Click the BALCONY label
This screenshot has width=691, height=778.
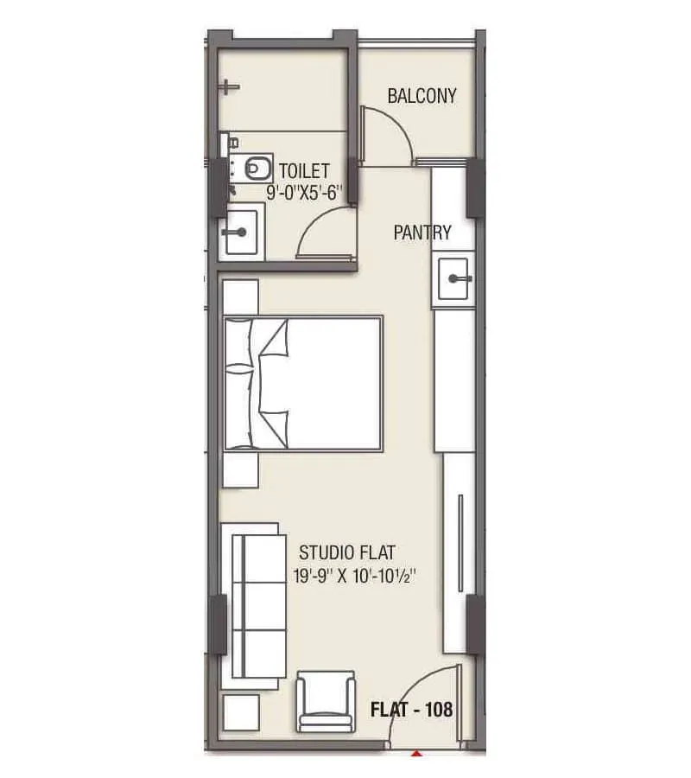click(422, 96)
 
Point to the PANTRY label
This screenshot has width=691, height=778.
click(422, 233)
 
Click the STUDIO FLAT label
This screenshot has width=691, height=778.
click(348, 552)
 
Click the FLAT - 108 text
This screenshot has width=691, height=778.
click(411, 711)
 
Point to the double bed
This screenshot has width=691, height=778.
click(303, 383)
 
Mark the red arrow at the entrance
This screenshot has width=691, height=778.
click(417, 754)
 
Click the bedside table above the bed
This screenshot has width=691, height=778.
click(240, 297)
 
